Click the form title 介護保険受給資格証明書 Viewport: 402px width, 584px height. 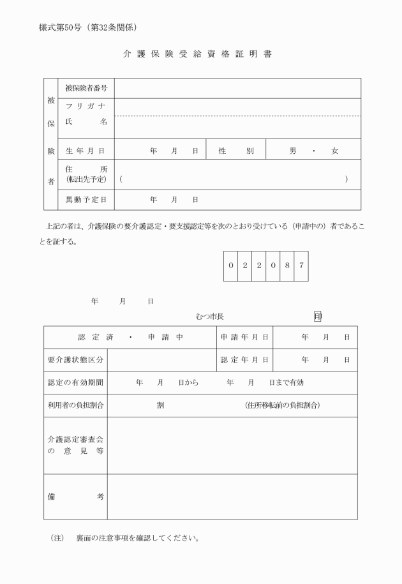pos(197,54)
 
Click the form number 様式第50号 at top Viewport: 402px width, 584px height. pos(62,27)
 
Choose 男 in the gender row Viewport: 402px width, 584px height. pos(293,151)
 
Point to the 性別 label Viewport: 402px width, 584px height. pos(236,151)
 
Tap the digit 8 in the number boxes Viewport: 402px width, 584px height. pos(287,265)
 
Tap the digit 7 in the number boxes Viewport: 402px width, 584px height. pos(301,265)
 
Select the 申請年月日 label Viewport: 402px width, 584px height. pos(244,337)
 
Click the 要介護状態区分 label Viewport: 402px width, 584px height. pos(75,360)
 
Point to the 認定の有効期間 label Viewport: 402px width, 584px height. pos(75,382)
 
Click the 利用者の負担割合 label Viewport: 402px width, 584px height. pos(75,405)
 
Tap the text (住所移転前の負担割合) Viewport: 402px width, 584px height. pos(282,405)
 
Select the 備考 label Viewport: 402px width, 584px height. pos(75,497)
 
